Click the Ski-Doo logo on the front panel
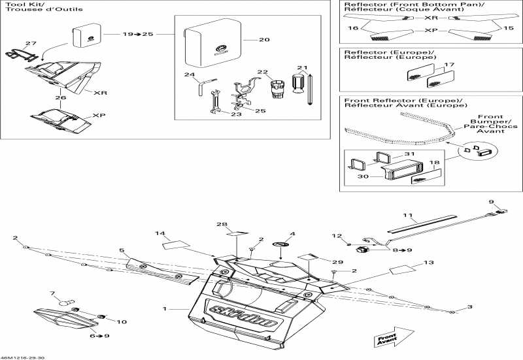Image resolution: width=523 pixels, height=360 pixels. pyautogui.click(x=228, y=308)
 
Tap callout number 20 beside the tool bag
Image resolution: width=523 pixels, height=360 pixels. pyautogui.click(x=263, y=40)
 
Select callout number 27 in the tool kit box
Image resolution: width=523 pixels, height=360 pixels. pyautogui.click(x=31, y=43)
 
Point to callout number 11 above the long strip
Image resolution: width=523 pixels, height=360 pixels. pyautogui.click(x=408, y=215)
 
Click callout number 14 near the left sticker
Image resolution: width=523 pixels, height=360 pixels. pyautogui.click(x=160, y=233)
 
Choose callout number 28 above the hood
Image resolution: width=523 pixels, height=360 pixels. pyautogui.click(x=222, y=224)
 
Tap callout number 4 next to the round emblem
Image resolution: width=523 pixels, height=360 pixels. pyautogui.click(x=292, y=233)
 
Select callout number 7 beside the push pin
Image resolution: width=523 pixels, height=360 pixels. pyautogui.click(x=54, y=293)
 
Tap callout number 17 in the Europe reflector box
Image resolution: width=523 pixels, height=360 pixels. pyautogui.click(x=448, y=65)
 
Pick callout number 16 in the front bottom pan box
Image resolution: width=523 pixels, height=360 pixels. pyautogui.click(x=354, y=29)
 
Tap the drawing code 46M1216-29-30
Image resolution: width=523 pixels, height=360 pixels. pyautogui.click(x=23, y=357)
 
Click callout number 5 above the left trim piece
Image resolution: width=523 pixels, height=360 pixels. pyautogui.click(x=122, y=250)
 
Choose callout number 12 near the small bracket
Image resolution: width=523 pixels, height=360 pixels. pyautogui.click(x=337, y=235)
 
